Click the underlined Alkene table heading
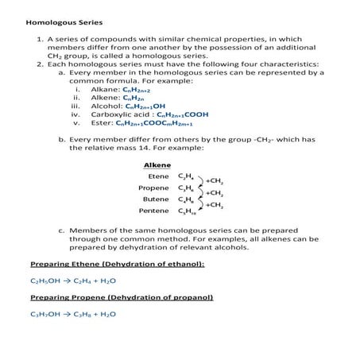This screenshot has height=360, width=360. (156, 165)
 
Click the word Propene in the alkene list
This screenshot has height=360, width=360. (154, 188)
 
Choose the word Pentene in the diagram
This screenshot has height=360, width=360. (154, 211)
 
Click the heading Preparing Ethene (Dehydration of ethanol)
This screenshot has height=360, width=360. (117, 263)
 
